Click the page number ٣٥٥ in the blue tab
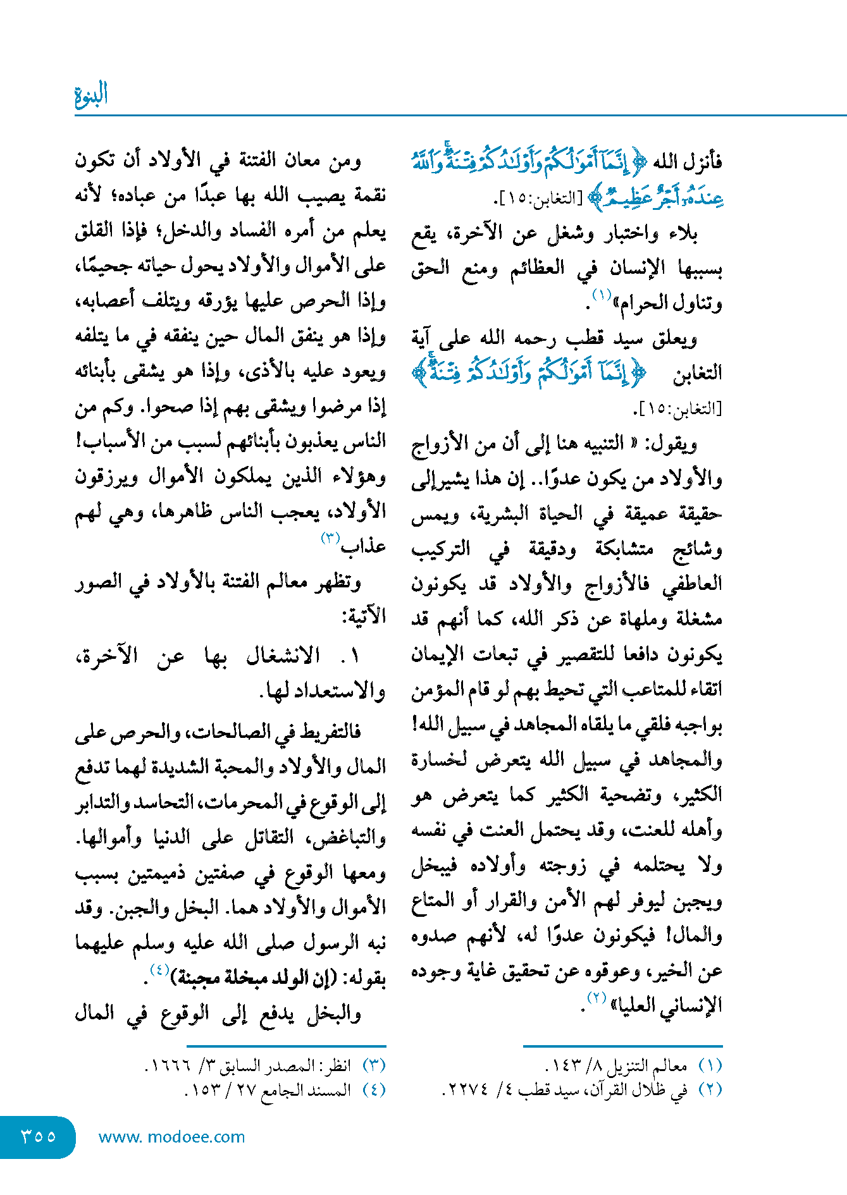pos(39,1136)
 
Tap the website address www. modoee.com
pos(171,1137)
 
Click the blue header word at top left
pos(92,95)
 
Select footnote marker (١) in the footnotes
pos(710,1066)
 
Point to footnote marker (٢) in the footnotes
pos(710,1090)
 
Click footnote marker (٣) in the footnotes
pos(374,1066)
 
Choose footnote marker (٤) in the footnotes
pos(374,1090)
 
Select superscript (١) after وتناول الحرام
pos(601,295)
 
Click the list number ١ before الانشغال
pos(354,656)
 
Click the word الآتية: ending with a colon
pos(365,615)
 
